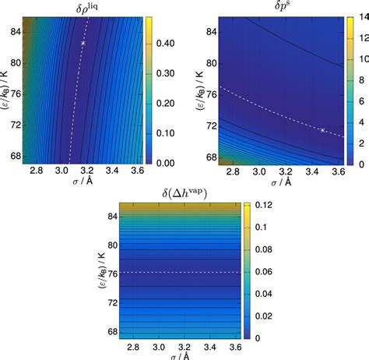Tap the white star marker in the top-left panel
point(83,43)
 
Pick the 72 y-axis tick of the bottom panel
point(97,300)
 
